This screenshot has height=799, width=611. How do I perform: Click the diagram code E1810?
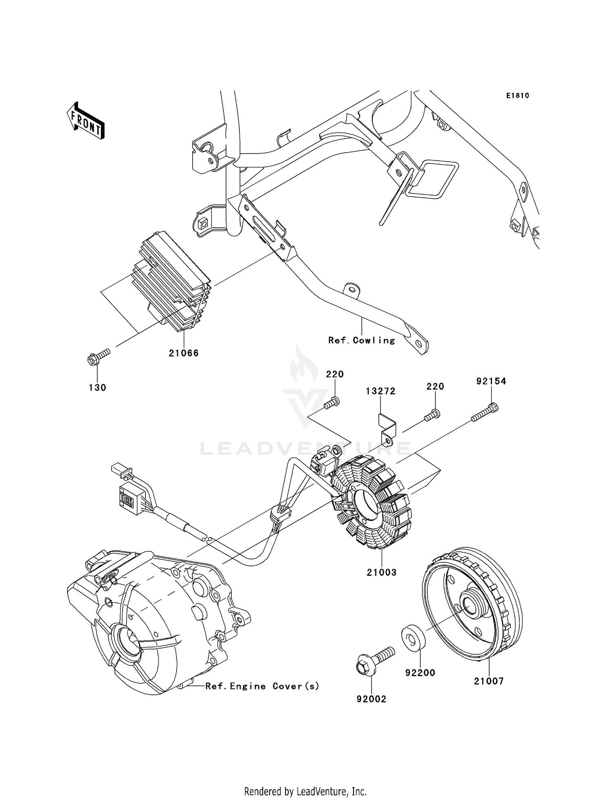point(517,96)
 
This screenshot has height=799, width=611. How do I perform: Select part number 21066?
point(184,353)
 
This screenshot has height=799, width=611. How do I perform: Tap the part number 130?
point(97,388)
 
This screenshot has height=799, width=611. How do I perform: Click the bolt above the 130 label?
point(98,356)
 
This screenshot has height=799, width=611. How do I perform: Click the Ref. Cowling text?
point(362,340)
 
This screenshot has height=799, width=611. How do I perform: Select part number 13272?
point(380,391)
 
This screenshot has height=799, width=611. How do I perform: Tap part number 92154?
point(491,381)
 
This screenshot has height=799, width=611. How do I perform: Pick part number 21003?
point(381,572)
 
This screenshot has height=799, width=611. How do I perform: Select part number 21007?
point(489,681)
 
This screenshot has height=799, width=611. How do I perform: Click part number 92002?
point(371,699)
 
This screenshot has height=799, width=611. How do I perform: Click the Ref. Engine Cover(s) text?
point(262,686)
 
